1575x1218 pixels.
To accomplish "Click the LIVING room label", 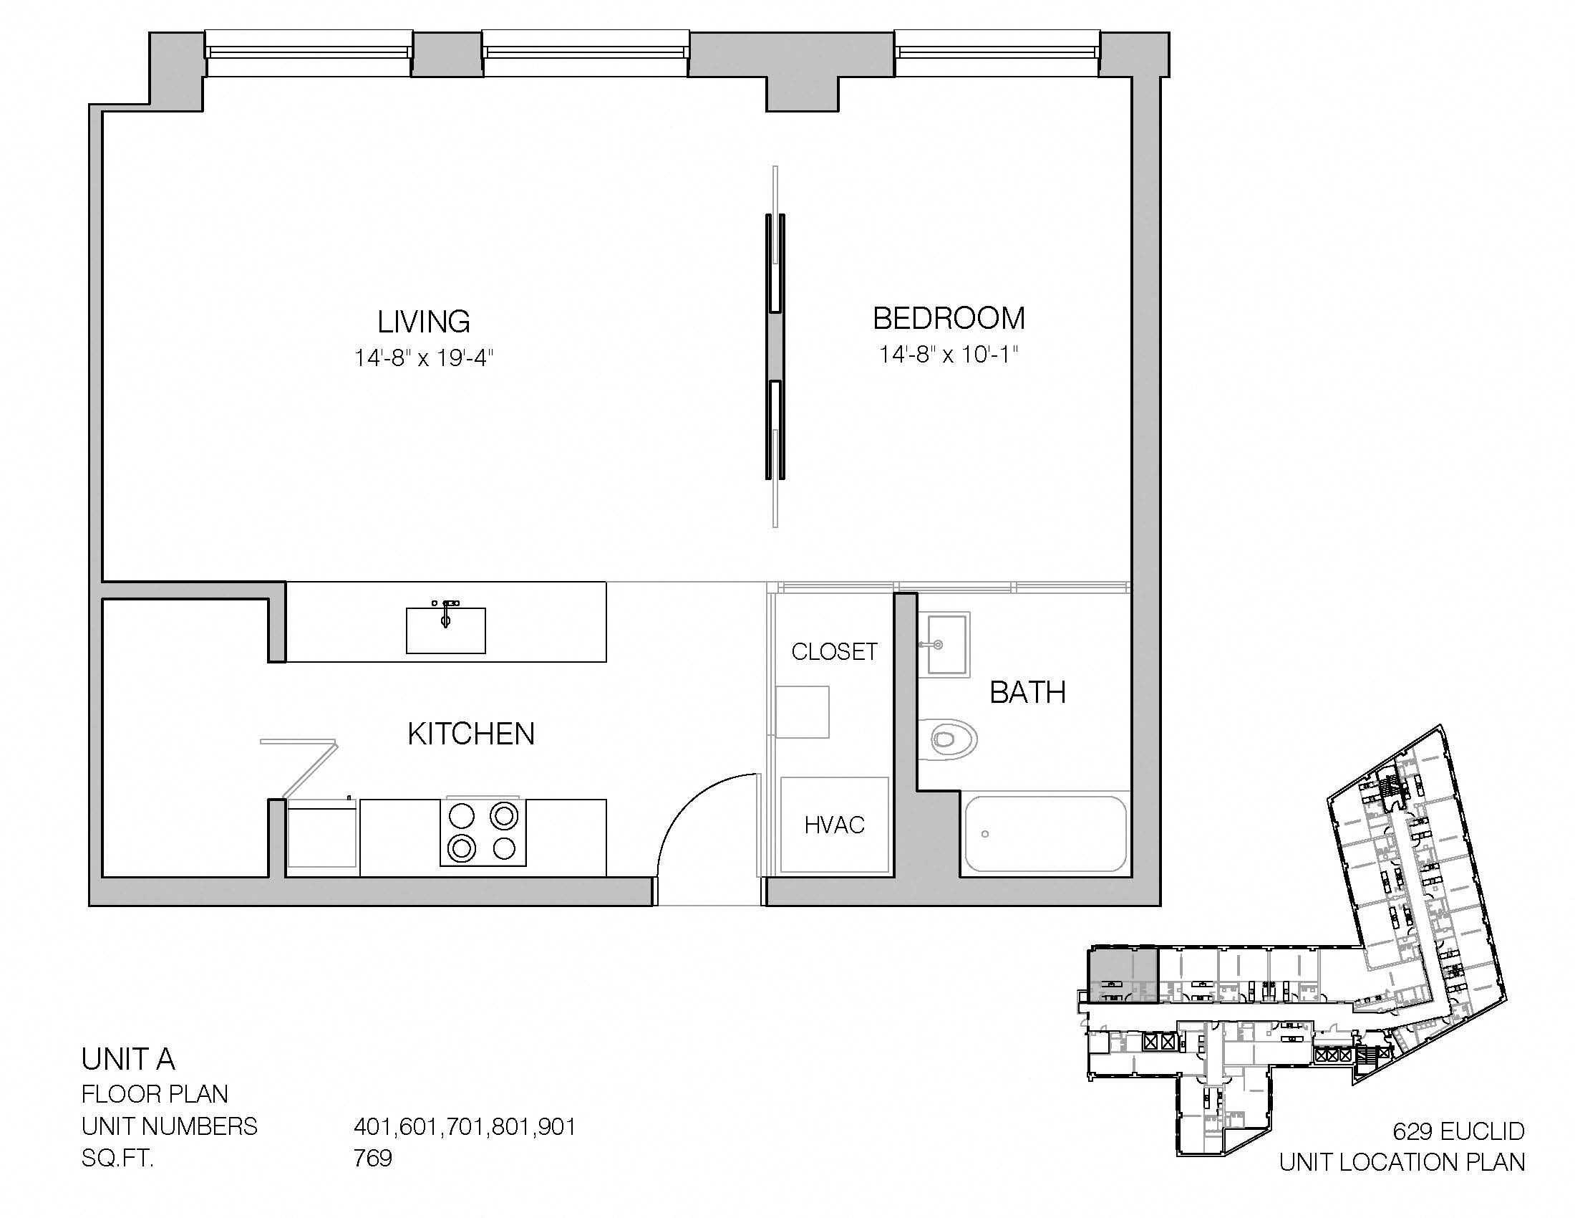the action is point(423,322).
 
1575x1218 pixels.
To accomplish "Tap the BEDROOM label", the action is point(949,318).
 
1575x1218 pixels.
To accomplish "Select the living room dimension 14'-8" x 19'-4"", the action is point(423,358).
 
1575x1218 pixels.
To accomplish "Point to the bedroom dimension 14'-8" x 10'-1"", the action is point(949,354).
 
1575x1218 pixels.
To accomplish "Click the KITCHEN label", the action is point(471,734).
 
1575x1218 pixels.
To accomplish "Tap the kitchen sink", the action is point(446,629).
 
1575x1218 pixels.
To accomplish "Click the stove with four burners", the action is point(483,832).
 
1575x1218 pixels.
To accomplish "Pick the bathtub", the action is point(1046,834).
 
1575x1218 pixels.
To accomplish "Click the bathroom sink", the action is point(945,643).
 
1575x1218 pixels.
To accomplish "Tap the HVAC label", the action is point(834,825).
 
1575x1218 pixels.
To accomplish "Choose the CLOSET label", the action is point(834,651).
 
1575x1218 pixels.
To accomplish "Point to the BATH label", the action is point(1027,693).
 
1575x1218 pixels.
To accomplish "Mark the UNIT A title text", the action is point(128,1059).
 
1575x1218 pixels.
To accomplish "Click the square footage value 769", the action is point(373,1158).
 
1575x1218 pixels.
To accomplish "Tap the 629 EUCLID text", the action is point(1459,1131).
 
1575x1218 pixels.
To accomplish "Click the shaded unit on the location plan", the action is point(1122,976).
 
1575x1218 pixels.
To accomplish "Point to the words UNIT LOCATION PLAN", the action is point(1402,1162).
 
